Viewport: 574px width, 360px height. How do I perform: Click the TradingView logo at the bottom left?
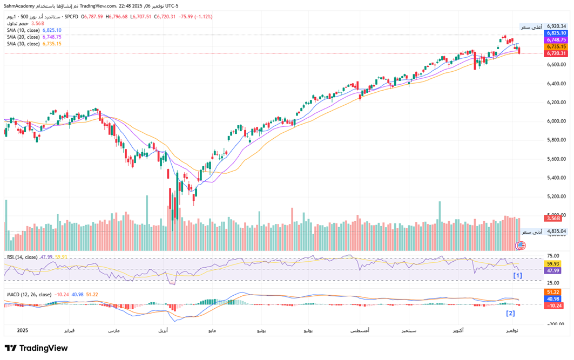click(37, 349)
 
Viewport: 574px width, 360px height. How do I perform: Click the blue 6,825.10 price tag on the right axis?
click(556, 33)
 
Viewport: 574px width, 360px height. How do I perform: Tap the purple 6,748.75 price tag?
click(556, 40)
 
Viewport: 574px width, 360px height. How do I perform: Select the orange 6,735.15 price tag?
click(556, 47)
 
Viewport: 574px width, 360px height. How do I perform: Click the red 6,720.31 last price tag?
click(556, 53)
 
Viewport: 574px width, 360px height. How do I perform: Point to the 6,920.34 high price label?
click(556, 26)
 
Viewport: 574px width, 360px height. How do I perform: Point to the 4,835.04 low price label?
click(556, 231)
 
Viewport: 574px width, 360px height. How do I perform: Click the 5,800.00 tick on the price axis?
click(556, 140)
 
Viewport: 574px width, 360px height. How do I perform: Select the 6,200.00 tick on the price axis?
click(556, 103)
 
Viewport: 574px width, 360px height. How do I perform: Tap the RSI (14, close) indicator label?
click(22, 257)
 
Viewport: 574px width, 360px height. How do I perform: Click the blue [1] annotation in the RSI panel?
click(517, 275)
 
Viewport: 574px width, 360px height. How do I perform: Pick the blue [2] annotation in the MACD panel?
click(510, 313)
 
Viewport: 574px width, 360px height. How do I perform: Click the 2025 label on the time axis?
click(22, 330)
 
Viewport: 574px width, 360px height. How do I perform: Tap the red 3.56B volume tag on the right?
click(553, 218)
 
